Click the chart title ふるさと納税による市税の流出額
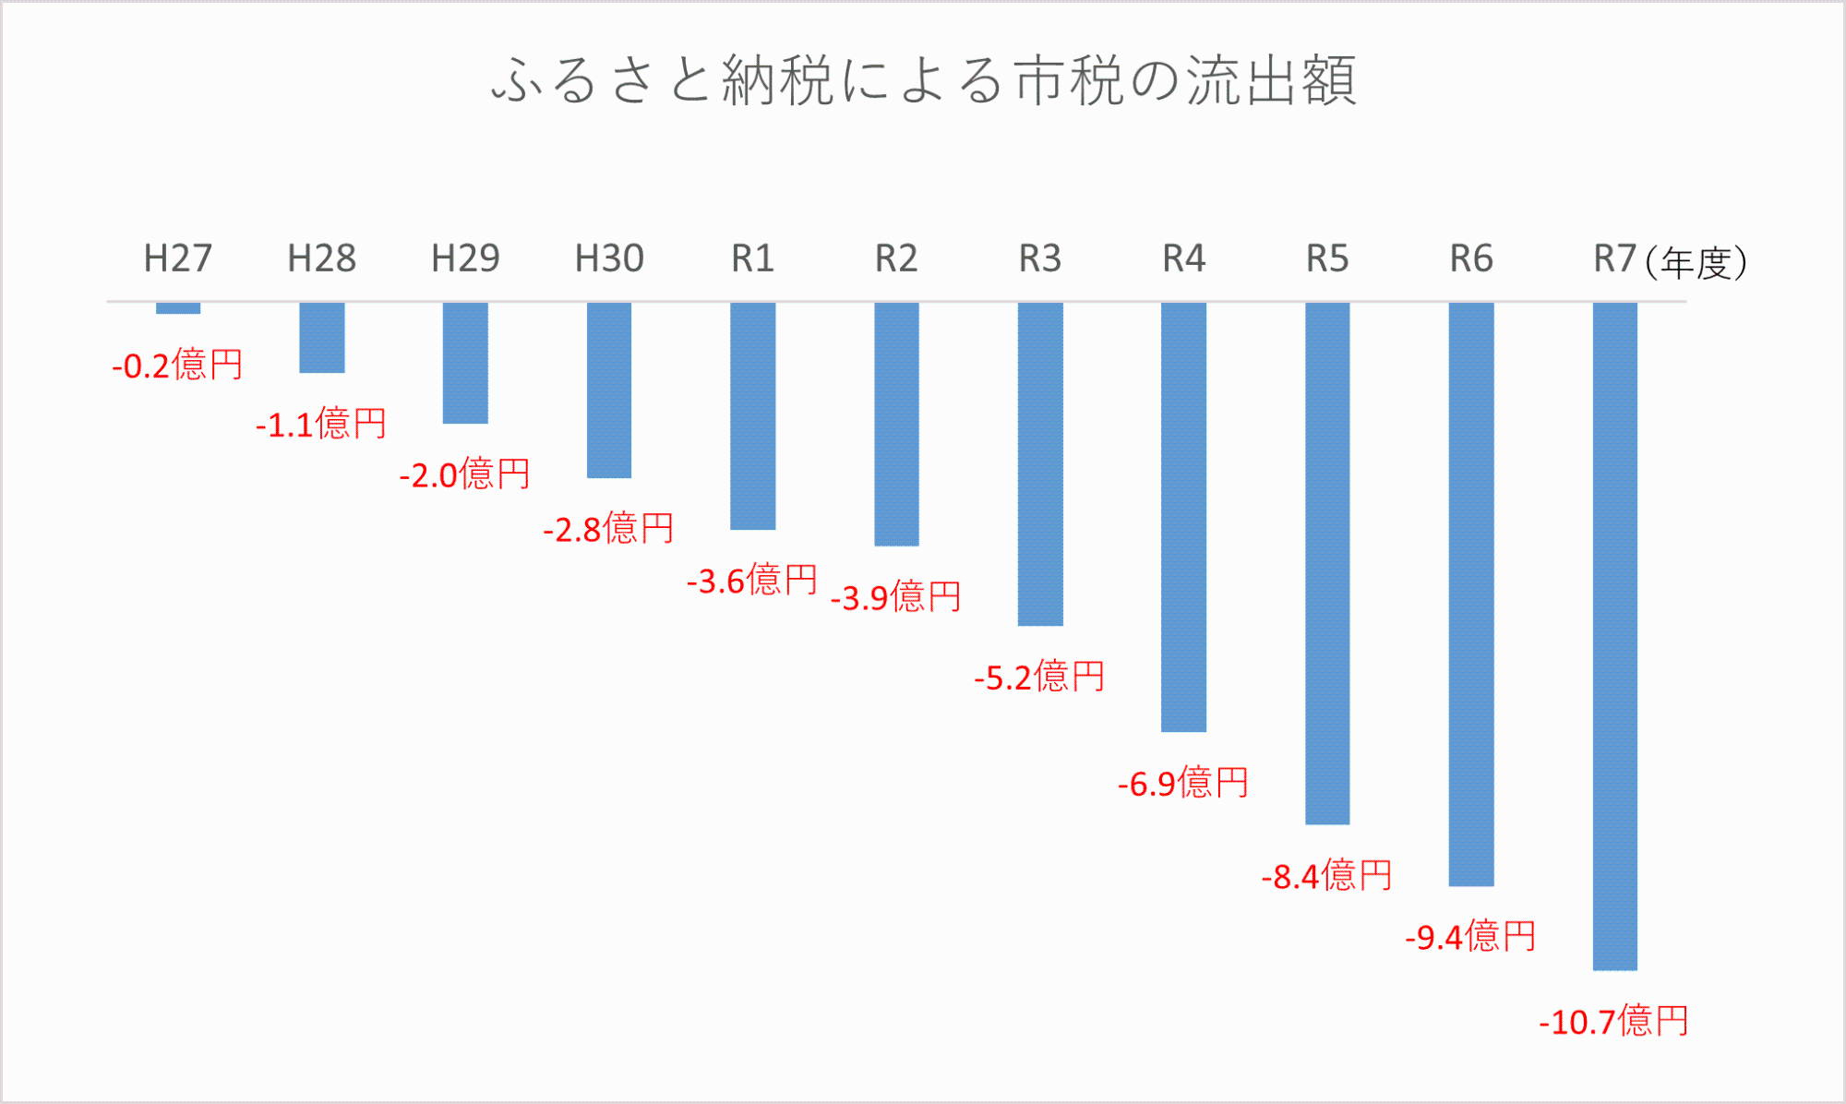[923, 80]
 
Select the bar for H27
[178, 308]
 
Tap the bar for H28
[322, 338]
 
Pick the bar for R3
[1040, 464]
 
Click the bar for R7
[1614, 636]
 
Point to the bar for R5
[1327, 563]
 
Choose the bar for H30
[609, 390]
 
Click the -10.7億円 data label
[1613, 1022]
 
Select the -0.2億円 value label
[177, 366]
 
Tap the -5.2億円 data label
[1039, 678]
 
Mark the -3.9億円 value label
[895, 597]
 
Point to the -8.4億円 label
[1326, 876]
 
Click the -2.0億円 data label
[464, 475]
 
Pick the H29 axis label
[465, 258]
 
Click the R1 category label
[752, 258]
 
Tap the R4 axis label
[1183, 258]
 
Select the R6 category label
[1471, 258]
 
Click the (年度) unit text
[1696, 263]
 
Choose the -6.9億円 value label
[1182, 784]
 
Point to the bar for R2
[896, 424]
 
